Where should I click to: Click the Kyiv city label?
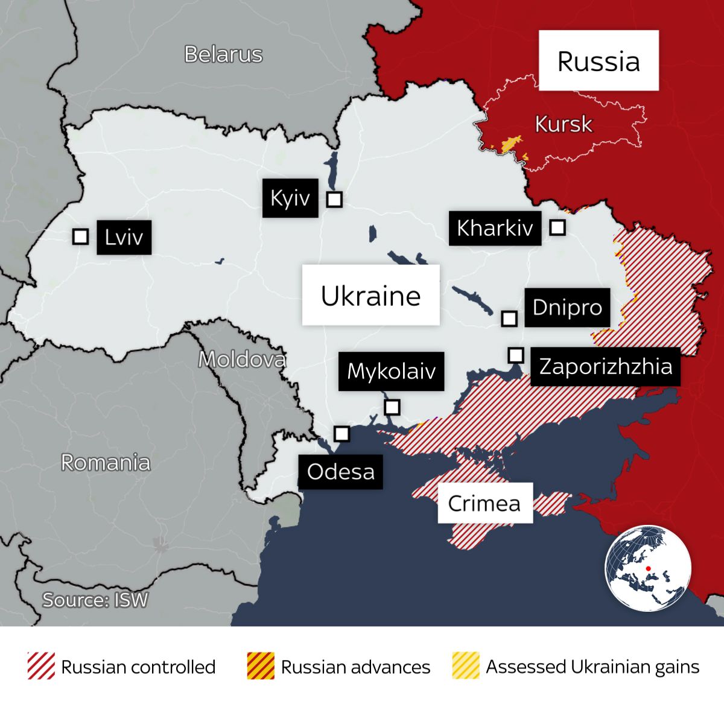click(x=290, y=198)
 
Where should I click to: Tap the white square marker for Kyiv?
click(x=334, y=199)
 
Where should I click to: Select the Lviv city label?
click(x=124, y=237)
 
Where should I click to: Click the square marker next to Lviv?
click(x=80, y=237)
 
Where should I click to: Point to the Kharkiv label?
click(x=494, y=228)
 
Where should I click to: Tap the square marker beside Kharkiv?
click(x=557, y=227)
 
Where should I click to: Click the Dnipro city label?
click(x=567, y=307)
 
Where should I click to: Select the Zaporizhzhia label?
click(x=605, y=366)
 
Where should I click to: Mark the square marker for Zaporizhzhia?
click(x=515, y=355)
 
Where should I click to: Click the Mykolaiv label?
click(x=391, y=371)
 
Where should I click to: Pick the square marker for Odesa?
click(x=341, y=434)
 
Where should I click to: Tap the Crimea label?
click(x=484, y=503)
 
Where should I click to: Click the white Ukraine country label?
click(x=370, y=296)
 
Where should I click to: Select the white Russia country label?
click(x=598, y=61)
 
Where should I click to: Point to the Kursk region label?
click(x=564, y=124)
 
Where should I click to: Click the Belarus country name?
click(x=223, y=54)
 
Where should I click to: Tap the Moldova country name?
click(x=242, y=360)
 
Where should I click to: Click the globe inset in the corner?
click(x=647, y=568)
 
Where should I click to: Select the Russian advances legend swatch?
click(x=261, y=666)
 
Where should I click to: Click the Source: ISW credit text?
click(x=95, y=600)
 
